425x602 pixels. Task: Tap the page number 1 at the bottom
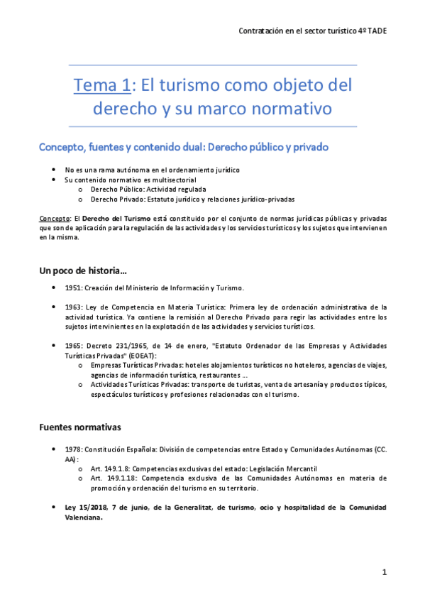[384, 571]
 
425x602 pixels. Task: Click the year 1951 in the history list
[73, 288]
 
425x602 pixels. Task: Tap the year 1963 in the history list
[73, 307]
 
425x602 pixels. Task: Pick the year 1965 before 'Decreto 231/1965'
[73, 345]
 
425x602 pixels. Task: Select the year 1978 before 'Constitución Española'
[73, 450]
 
